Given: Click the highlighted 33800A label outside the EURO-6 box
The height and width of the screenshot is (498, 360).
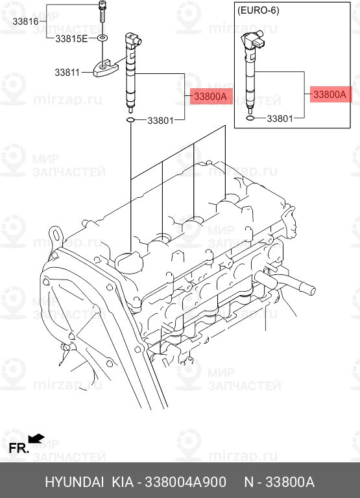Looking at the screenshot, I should coord(210,97).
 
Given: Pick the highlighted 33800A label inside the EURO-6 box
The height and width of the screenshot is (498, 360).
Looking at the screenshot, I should coord(330,95).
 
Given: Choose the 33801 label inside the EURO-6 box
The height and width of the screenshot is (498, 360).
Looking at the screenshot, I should coord(281,119).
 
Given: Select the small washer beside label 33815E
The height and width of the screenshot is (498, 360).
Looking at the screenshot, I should coord(102,39).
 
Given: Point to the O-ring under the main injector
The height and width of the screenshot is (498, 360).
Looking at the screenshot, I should coord(130,120).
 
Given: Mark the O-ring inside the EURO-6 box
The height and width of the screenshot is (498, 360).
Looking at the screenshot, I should coord(250,118).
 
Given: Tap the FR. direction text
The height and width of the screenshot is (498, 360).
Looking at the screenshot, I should coord(18,447).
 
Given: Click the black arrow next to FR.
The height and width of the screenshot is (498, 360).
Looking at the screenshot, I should coord(37,439).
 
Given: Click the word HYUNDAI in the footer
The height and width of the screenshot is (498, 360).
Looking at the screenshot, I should coord(74,482).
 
